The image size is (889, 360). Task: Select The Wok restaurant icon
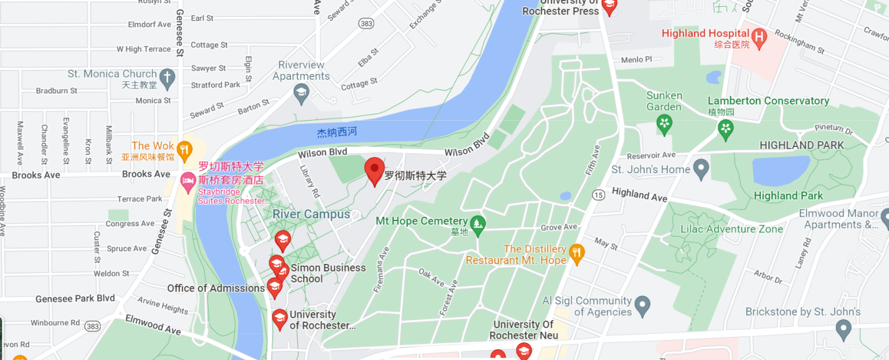184,149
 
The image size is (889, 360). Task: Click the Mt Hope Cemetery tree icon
477,226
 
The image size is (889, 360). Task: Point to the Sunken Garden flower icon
664,124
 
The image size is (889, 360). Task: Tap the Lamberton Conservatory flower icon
725,130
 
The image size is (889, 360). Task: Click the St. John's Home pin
702,168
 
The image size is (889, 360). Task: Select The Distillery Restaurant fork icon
577,253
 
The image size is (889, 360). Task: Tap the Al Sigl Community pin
643,305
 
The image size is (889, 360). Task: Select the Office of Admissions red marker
274,287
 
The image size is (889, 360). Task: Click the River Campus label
311,214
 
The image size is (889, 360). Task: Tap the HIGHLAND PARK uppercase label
802,145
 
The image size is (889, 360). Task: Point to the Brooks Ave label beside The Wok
146,174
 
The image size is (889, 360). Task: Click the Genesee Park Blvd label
75,298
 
